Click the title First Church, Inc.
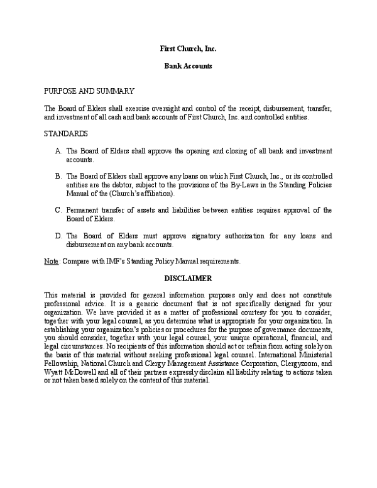coord(188,48)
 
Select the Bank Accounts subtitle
coord(188,65)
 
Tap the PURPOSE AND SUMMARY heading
coord(89,91)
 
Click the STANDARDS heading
coord(65,134)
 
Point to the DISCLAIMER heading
coord(188,277)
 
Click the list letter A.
coord(58,151)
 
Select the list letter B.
coord(58,176)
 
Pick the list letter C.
coord(58,210)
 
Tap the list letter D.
coord(58,236)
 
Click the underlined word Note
coord(50,261)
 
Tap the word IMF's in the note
coord(114,261)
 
